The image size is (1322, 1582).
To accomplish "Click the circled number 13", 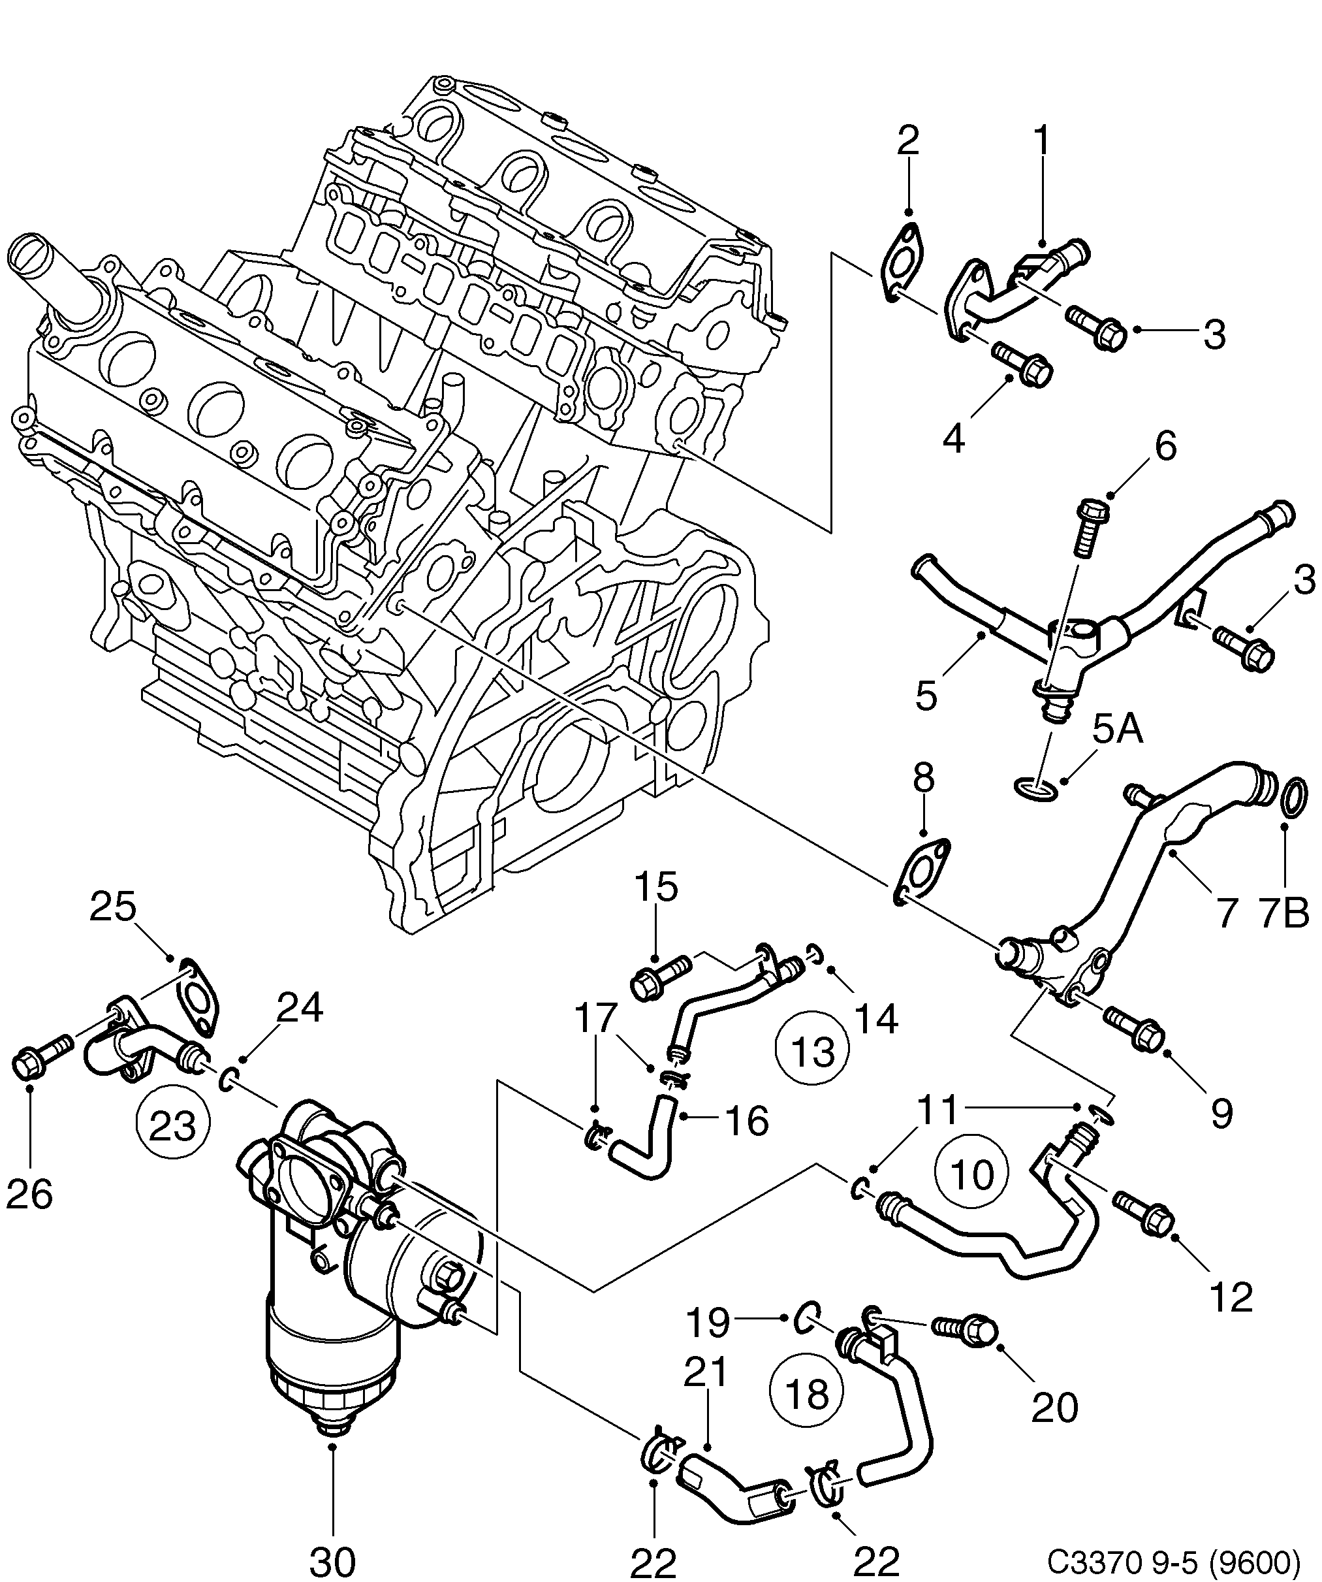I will point(813,1052).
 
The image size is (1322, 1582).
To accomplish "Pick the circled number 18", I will point(806,1395).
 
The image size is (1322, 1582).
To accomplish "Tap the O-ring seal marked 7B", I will point(1293,797).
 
